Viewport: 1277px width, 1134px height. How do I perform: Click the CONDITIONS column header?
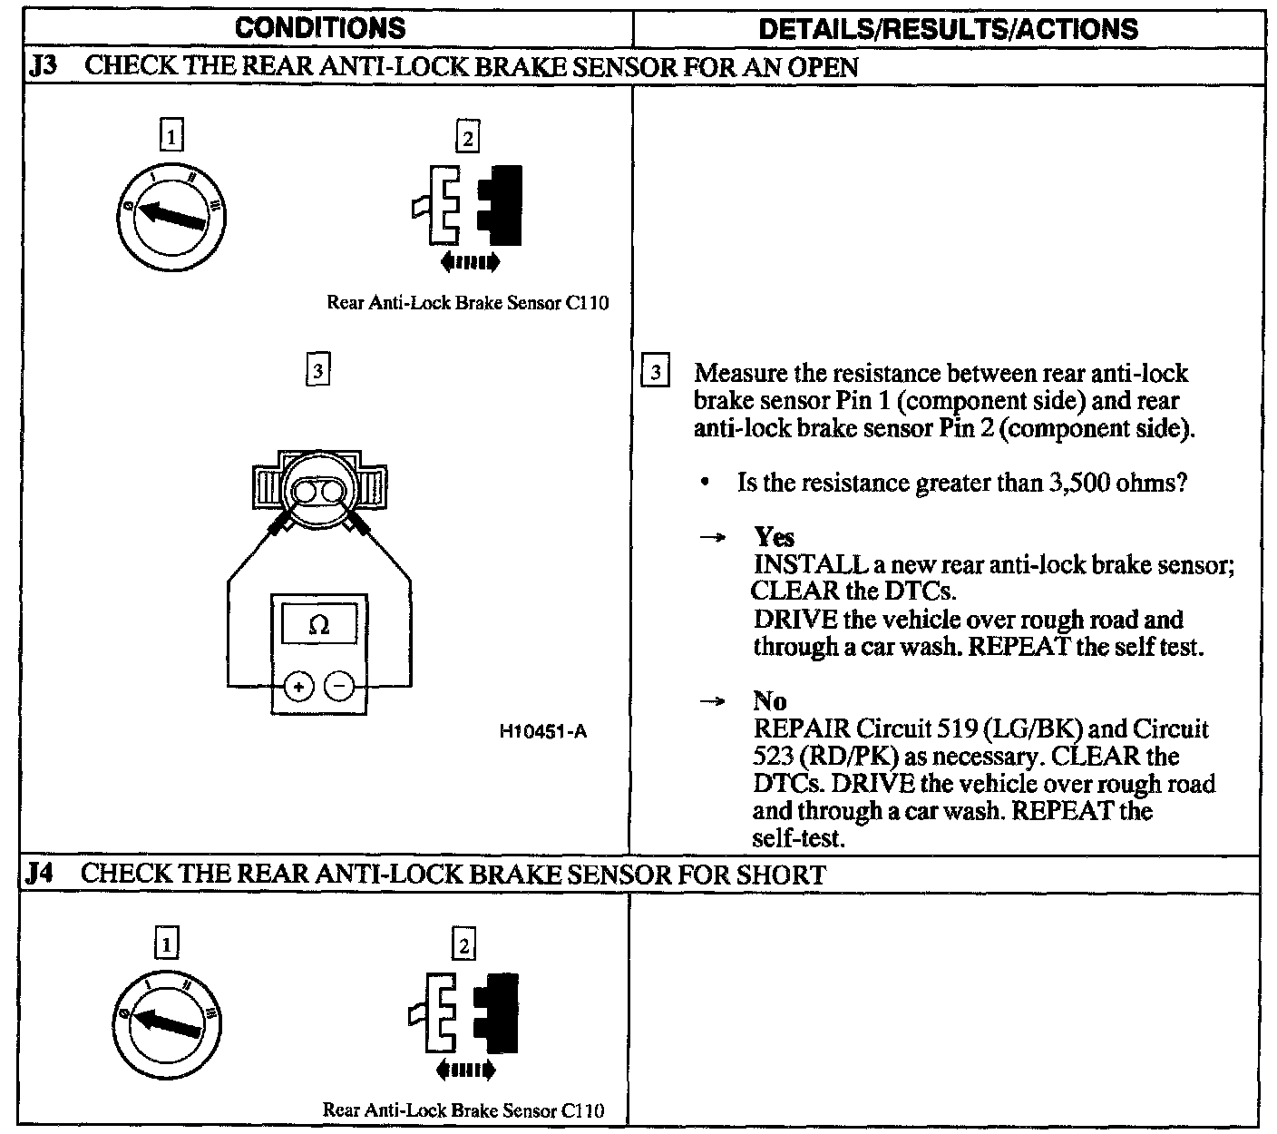[320, 28]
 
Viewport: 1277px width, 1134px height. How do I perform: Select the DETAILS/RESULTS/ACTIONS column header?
[948, 29]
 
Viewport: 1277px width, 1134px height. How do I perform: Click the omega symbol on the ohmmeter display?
[318, 625]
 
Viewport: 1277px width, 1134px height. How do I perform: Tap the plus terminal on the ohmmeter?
[298, 687]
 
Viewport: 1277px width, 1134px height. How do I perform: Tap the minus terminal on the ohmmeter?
[339, 687]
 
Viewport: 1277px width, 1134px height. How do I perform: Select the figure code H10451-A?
[542, 731]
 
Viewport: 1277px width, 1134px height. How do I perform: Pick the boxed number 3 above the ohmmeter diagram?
[317, 370]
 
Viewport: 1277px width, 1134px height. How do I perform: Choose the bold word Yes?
[774, 537]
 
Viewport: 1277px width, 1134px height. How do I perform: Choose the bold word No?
[770, 701]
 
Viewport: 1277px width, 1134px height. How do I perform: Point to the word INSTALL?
[811, 564]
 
